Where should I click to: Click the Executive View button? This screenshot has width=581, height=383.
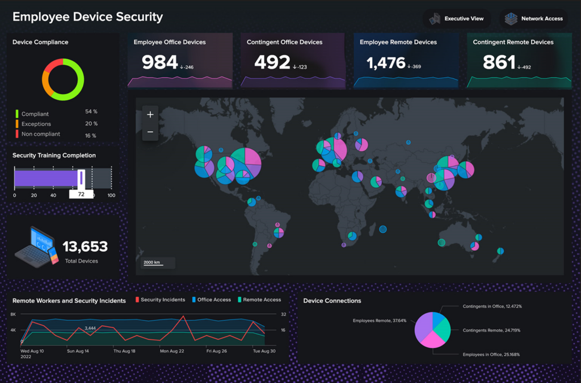(457, 19)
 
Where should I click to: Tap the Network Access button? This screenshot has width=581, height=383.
(534, 19)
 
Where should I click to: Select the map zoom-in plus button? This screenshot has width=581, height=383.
(150, 115)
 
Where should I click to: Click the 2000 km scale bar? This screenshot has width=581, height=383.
(158, 263)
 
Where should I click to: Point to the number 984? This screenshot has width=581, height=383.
(159, 62)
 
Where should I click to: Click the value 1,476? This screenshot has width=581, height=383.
(386, 63)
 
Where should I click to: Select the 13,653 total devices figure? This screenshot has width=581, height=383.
(85, 247)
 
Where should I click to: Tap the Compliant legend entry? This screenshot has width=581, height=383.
(35, 114)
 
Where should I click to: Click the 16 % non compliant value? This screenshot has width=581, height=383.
(91, 136)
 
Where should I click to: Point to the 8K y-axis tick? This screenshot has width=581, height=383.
(13, 314)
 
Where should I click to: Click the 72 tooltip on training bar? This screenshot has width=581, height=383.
(81, 194)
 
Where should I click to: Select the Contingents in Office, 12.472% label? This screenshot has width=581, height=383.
(492, 306)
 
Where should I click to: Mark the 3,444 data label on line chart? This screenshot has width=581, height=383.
(90, 328)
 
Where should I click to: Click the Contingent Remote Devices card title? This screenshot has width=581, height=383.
(513, 42)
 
